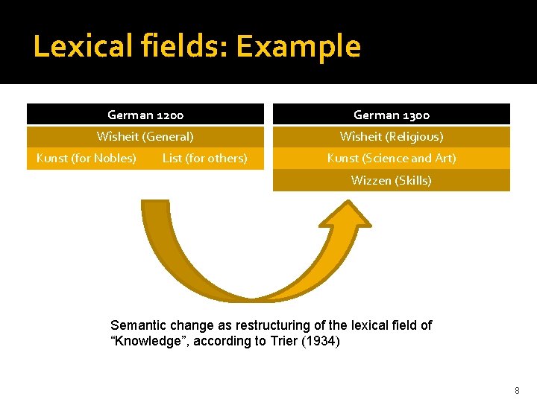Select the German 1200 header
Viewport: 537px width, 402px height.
point(145,115)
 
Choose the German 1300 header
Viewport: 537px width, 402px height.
point(392,115)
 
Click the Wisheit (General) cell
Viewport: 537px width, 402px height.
point(145,136)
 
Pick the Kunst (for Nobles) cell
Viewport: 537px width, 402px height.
point(87,158)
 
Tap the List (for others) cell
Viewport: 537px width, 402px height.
point(205,158)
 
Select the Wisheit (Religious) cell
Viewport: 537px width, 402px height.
point(392,136)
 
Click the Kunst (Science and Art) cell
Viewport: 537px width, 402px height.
point(392,158)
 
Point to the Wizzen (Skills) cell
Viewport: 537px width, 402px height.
point(392,180)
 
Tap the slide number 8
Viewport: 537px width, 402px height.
point(516,390)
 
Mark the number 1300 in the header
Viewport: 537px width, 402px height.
point(415,115)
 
